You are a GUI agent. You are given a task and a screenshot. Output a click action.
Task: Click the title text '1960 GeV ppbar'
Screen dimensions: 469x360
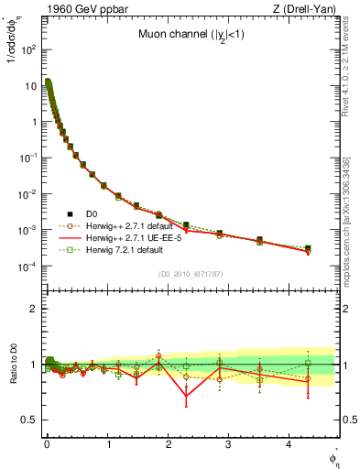[75, 9]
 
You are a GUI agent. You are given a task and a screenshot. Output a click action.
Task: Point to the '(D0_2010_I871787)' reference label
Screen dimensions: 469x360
[191, 274]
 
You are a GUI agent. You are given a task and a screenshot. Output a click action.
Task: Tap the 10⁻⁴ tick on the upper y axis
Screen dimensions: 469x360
[28, 267]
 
